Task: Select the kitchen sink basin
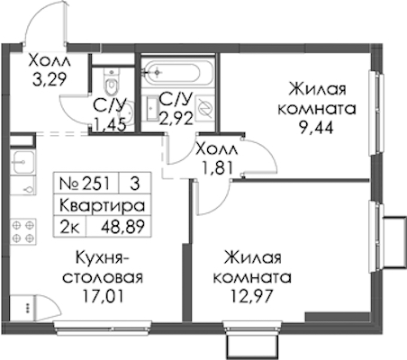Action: (x=23, y=162)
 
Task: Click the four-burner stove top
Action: (x=23, y=231)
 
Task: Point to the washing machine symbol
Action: (x=205, y=108)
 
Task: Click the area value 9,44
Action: (x=316, y=128)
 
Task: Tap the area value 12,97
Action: (x=251, y=296)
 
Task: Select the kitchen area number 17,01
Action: (x=103, y=296)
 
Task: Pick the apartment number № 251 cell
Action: (x=85, y=184)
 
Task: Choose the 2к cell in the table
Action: (x=69, y=227)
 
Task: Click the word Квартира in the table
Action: (x=102, y=205)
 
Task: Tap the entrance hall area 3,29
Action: (x=49, y=80)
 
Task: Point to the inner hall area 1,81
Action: (x=218, y=168)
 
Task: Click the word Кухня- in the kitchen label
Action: (x=103, y=258)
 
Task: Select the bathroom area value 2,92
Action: (x=176, y=118)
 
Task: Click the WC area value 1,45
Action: (x=109, y=125)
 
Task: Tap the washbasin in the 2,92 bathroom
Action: (x=152, y=108)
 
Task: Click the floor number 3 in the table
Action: (x=135, y=184)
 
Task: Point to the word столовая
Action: (x=103, y=278)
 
